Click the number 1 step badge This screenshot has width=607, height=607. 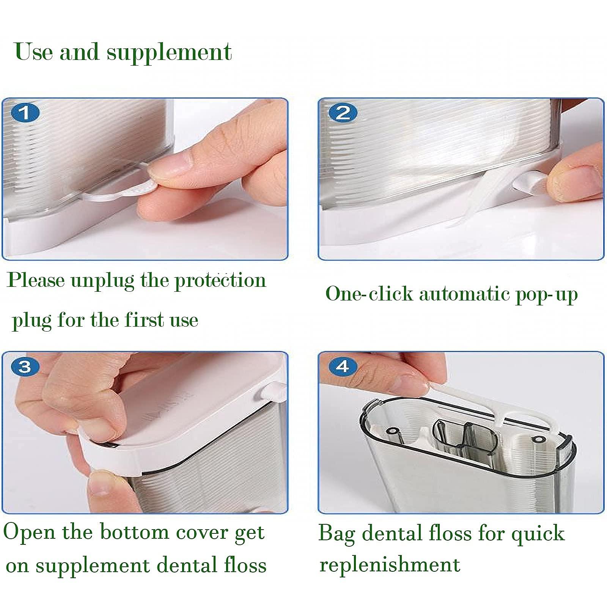point(25,113)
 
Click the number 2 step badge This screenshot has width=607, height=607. point(343,113)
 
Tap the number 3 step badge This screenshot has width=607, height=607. point(25,366)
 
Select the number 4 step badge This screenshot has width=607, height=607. point(343,366)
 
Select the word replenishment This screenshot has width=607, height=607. point(390,564)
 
